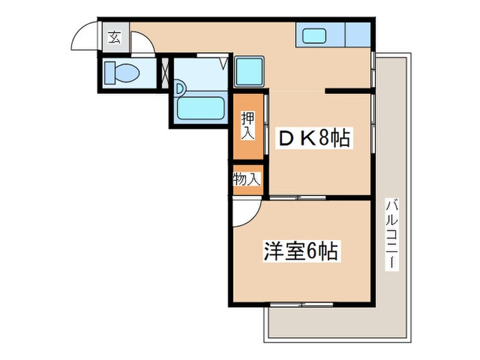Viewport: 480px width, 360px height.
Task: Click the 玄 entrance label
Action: [x=114, y=38]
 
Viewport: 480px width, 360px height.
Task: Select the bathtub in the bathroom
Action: [x=201, y=108]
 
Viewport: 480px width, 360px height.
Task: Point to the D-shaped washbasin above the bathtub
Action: [x=180, y=88]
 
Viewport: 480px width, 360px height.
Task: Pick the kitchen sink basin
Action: [x=314, y=35]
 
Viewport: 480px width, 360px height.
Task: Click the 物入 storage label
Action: [x=246, y=180]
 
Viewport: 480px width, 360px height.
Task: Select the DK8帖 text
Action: [x=313, y=139]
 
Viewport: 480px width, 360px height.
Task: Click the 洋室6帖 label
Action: [x=300, y=252]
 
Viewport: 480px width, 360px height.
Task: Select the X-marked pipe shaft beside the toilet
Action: [x=165, y=71]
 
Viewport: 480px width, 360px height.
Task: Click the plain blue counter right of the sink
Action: [x=358, y=35]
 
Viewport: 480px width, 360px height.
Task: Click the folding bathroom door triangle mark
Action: [x=224, y=64]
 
